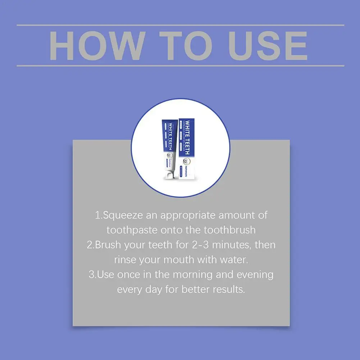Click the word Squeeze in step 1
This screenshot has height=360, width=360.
click(120, 215)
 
